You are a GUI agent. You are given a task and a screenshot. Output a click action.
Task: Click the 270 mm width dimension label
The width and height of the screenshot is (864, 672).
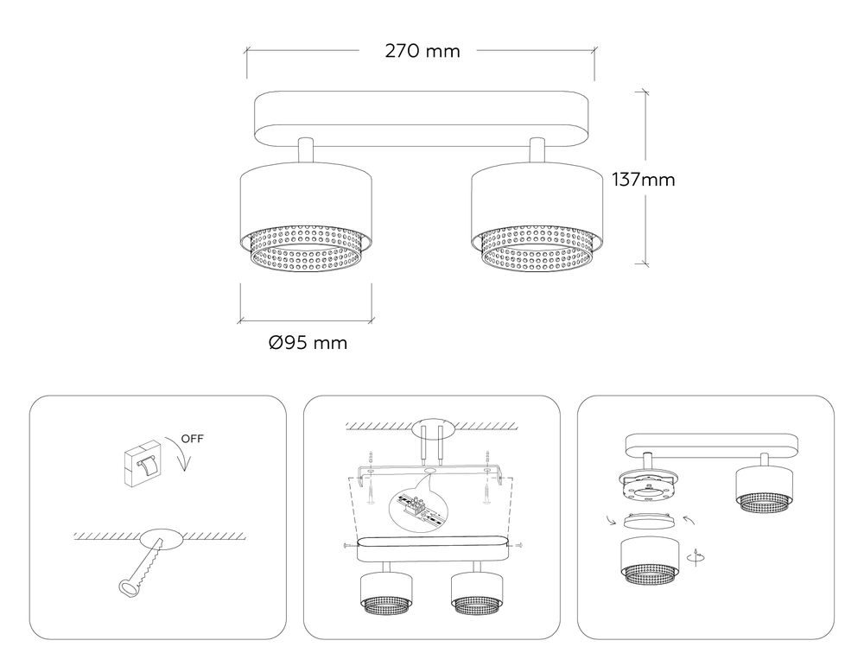[x=422, y=51]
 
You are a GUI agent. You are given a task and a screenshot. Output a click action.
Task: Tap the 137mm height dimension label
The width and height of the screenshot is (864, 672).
[x=643, y=181]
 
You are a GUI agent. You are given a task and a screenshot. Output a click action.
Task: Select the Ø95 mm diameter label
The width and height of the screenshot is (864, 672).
[x=308, y=343]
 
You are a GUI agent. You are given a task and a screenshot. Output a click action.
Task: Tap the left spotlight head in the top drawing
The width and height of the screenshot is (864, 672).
[x=306, y=207]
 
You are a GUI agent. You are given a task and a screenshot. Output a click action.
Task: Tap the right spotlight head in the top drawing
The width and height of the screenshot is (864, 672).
[x=532, y=207]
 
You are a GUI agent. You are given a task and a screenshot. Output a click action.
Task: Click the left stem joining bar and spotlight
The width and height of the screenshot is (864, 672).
[x=306, y=150]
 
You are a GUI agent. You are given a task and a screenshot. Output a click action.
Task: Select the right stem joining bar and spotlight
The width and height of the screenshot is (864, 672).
[x=537, y=150]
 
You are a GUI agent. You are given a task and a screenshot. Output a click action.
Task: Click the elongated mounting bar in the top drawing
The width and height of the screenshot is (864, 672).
[x=422, y=117]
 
